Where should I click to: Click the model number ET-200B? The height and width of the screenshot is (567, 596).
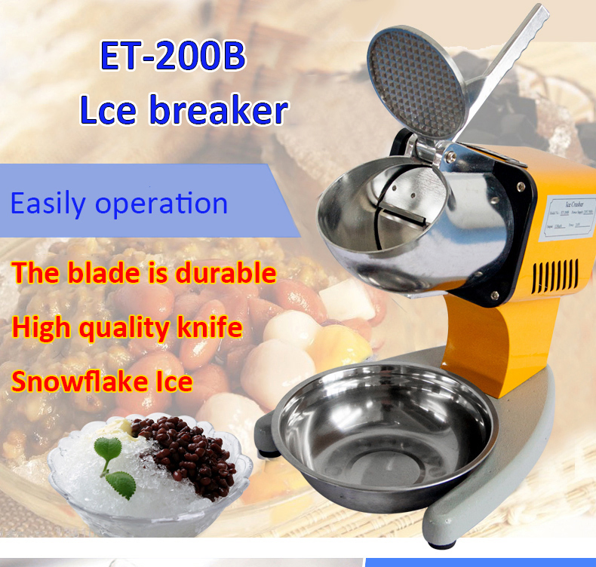click(x=173, y=58)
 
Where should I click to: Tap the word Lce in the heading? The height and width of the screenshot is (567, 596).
click(x=109, y=110)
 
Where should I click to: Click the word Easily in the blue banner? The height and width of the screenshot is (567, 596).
click(x=49, y=204)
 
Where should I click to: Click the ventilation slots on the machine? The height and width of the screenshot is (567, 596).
click(x=555, y=276)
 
